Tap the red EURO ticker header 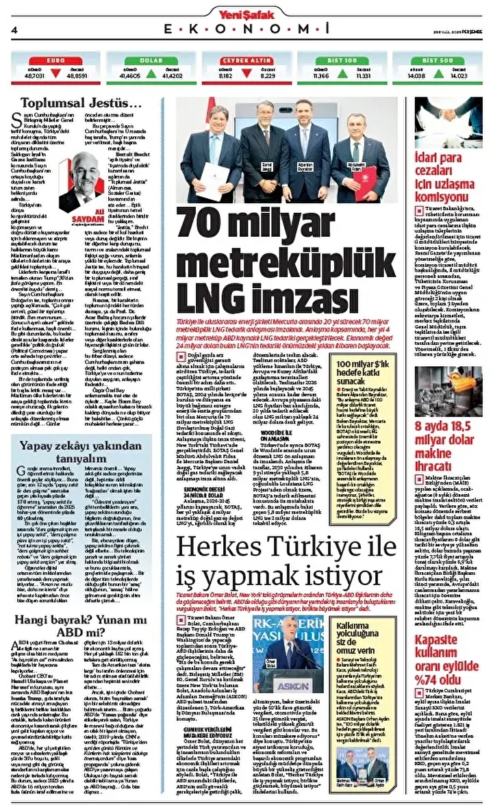(55, 60)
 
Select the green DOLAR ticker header (150, 60)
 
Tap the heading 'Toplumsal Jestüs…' (81, 103)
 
